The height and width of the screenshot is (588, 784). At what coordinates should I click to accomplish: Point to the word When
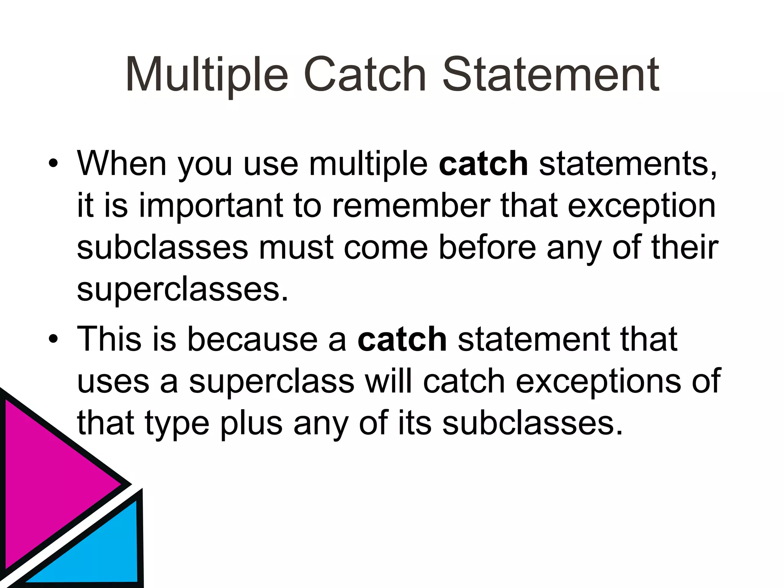122,164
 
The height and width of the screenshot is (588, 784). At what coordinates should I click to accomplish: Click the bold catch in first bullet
483,164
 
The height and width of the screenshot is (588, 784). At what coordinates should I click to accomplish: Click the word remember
411,206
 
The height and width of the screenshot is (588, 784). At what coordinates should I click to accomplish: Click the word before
487,248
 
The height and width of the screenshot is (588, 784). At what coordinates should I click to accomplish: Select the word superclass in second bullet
272,382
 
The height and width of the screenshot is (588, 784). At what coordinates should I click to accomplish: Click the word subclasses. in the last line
532,423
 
